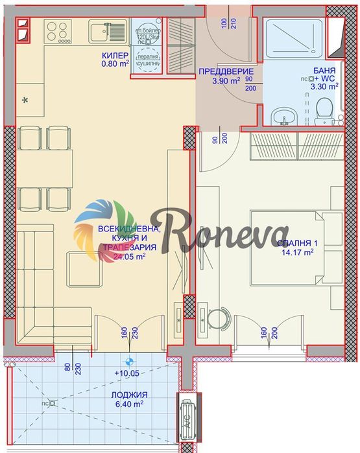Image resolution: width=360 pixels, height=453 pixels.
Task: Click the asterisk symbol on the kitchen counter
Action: (x=25, y=100)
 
